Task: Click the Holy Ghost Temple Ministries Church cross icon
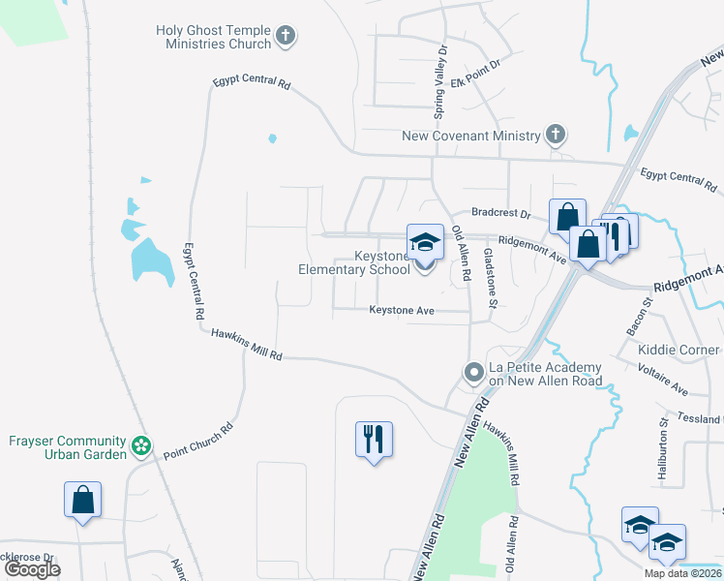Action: click(285, 37)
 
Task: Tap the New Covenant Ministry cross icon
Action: click(555, 135)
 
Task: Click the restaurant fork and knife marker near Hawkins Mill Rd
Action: click(374, 440)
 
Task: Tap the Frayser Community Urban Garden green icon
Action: click(141, 445)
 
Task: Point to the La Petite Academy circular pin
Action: click(473, 373)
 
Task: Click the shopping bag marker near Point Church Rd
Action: click(83, 501)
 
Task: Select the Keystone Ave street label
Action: click(402, 311)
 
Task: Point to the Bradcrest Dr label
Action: click(501, 213)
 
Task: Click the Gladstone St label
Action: click(490, 279)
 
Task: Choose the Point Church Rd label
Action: click(198, 441)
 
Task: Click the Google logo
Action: click(32, 569)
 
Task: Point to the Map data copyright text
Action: click(682, 573)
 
